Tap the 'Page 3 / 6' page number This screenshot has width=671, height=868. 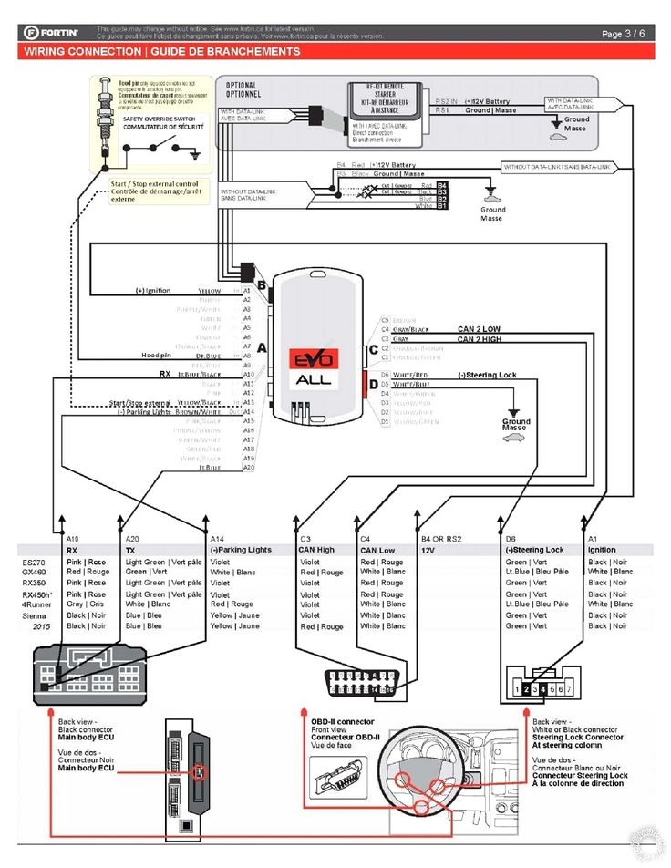click(x=624, y=34)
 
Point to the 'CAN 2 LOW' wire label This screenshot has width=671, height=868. click(x=480, y=328)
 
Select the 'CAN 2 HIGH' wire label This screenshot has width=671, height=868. click(x=480, y=339)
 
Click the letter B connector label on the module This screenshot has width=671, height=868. click(x=263, y=284)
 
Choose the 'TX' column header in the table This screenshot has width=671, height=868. click(x=131, y=550)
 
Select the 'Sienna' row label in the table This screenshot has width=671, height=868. click(x=35, y=615)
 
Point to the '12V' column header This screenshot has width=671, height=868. click(x=428, y=551)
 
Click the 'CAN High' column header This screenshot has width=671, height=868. click(x=317, y=550)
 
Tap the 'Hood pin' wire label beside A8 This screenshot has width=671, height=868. click(x=156, y=355)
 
